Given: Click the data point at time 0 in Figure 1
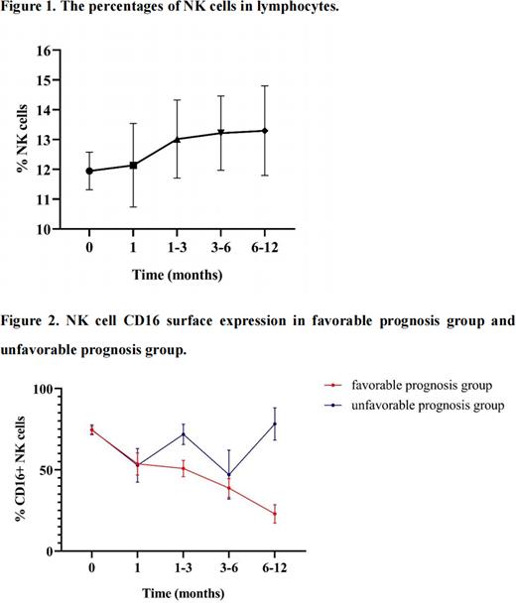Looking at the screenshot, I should [x=90, y=171].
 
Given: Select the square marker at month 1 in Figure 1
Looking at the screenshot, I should [x=133, y=165].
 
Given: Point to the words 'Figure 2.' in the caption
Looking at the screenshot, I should [x=31, y=321].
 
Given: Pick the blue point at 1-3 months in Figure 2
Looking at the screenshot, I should [x=183, y=433].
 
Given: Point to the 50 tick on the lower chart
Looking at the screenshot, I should [x=69, y=470].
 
